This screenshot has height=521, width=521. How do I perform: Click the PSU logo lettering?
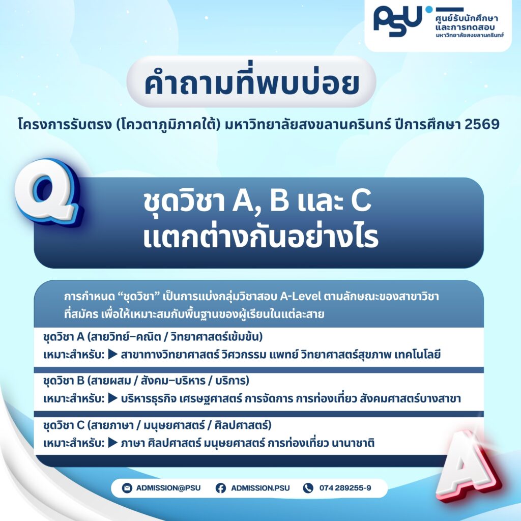tap(398, 21)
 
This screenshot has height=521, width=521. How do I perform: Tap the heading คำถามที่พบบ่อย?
tap(251, 82)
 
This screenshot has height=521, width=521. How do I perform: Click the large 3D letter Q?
tap(48, 192)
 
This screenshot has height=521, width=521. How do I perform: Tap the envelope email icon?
tap(127, 488)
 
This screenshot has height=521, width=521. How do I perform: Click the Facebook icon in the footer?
tap(221, 488)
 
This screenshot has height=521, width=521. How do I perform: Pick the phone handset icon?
tap(308, 488)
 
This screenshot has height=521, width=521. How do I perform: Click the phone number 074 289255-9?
tap(345, 488)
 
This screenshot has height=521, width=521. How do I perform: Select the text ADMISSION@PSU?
tap(168, 488)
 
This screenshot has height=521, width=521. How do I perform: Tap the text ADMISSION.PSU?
tap(260, 488)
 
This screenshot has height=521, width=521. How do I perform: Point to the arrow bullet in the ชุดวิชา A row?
tap(113, 355)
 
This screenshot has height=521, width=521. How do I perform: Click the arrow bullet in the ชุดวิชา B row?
tap(113, 398)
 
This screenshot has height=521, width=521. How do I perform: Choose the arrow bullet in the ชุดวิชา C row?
tap(113, 443)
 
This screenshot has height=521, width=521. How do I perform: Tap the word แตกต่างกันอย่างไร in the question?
tap(261, 237)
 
